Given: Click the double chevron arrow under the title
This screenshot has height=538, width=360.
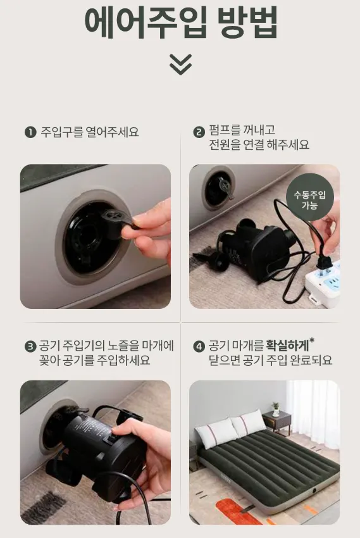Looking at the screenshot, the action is (x=180, y=64).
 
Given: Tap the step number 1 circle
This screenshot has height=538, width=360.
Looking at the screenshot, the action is (x=30, y=132).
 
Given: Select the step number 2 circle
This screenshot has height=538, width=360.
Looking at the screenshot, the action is (x=199, y=132).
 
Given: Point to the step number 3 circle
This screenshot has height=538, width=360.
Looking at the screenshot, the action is (x=30, y=346).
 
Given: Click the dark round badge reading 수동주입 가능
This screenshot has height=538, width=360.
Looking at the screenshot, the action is (x=309, y=197).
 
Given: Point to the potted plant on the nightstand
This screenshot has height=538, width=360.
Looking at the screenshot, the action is (x=276, y=410).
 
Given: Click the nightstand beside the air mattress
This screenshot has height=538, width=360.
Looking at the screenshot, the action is (x=276, y=424).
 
